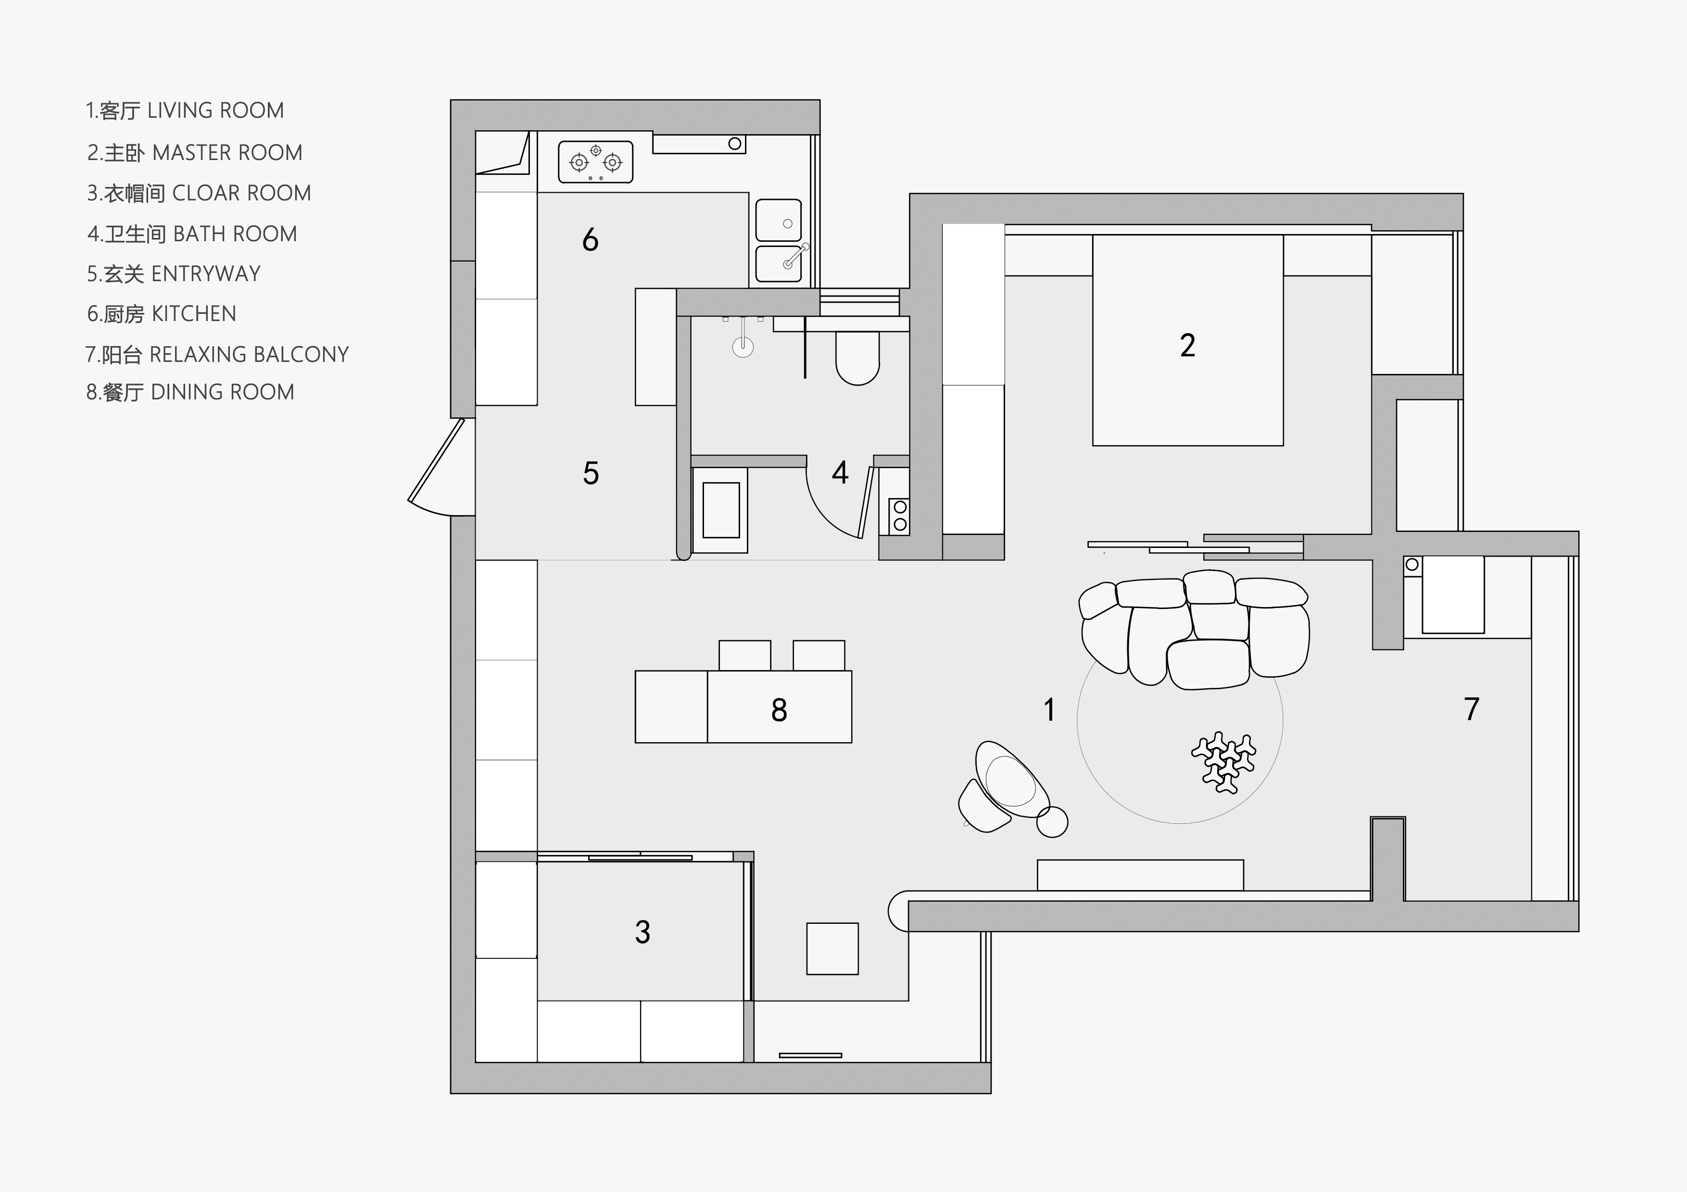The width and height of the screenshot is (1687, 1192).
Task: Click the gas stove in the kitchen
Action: pyautogui.click(x=595, y=161)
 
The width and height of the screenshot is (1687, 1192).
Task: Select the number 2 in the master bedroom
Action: pyautogui.click(x=1187, y=345)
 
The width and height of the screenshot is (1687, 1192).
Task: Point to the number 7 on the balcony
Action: pyautogui.click(x=1471, y=709)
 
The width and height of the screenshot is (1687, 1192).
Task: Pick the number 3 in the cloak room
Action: pyautogui.click(x=642, y=932)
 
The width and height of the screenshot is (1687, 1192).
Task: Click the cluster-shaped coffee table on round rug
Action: pyautogui.click(x=1224, y=762)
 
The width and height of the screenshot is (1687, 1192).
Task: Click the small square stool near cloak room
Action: pyautogui.click(x=832, y=949)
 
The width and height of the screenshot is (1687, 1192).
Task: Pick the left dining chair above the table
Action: pyautogui.click(x=744, y=655)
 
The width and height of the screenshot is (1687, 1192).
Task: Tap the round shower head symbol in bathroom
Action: pyautogui.click(x=743, y=347)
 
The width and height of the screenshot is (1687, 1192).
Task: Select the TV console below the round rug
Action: pyautogui.click(x=1140, y=875)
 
